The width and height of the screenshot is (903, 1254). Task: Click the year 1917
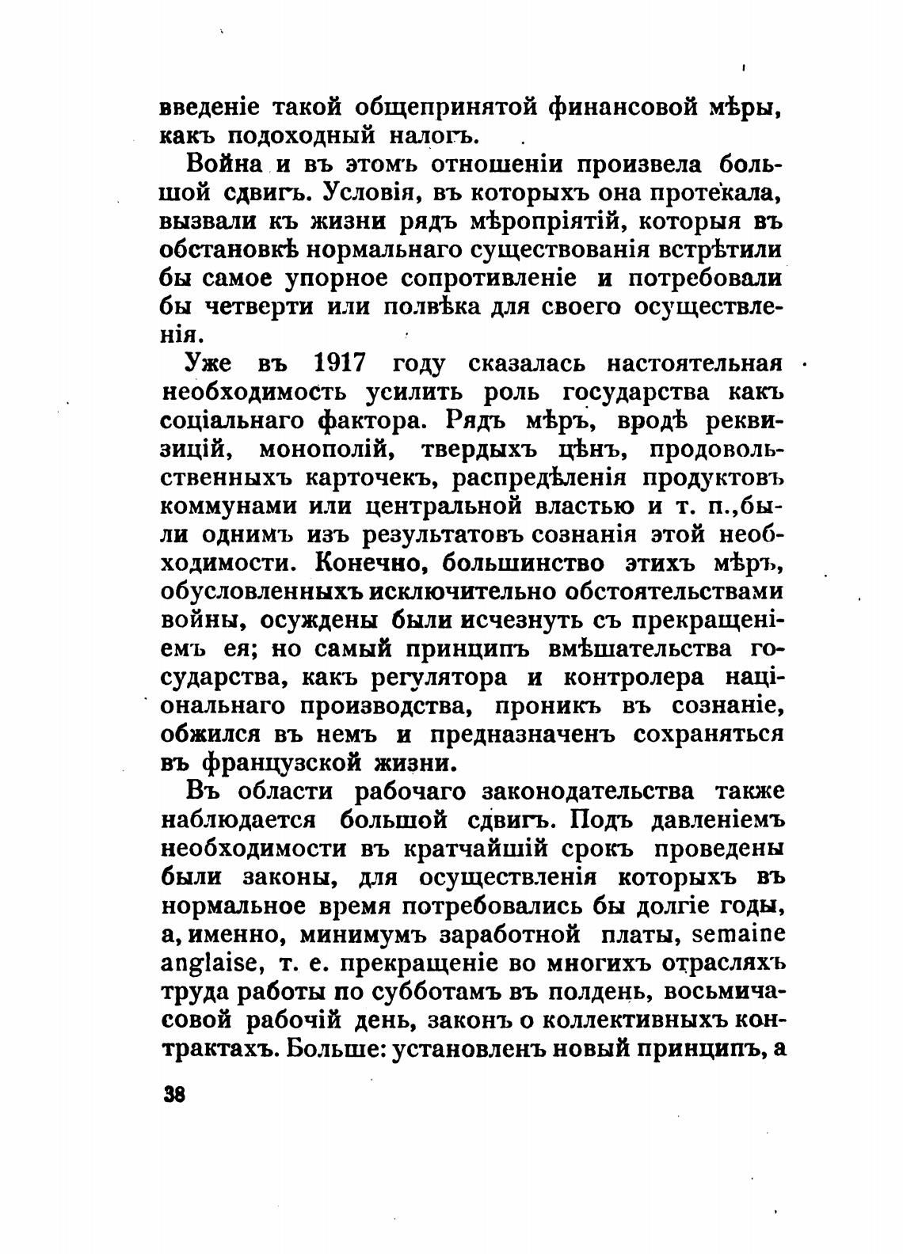click(x=340, y=363)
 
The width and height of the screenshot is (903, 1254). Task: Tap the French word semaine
click(x=738, y=934)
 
